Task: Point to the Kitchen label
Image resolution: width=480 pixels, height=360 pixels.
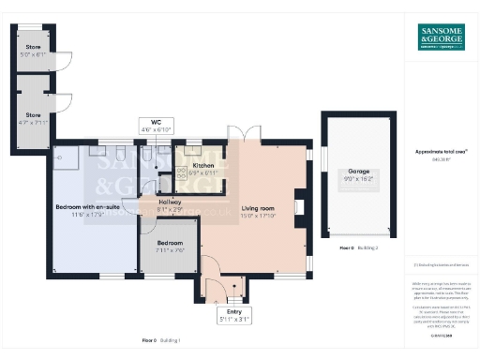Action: [x=203, y=168]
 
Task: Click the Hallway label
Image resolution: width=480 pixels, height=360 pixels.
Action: [x=170, y=205]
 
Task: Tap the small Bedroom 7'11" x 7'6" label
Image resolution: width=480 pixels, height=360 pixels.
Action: [x=169, y=246]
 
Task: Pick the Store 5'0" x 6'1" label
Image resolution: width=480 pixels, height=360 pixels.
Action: [x=34, y=51]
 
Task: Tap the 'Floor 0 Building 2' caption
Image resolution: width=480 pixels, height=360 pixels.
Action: [x=357, y=247]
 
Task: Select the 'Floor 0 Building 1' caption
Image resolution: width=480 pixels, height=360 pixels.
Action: [x=160, y=338]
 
